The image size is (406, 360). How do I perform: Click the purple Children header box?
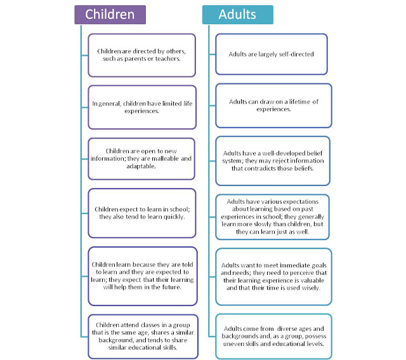click(x=110, y=14)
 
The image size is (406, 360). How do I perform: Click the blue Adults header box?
click(x=238, y=14)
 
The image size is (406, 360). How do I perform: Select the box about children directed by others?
click(x=141, y=55)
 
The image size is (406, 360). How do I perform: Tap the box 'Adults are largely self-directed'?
click(x=272, y=55)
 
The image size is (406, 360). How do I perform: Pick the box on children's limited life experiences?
click(x=141, y=107)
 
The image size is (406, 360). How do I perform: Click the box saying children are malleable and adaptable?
click(x=141, y=160)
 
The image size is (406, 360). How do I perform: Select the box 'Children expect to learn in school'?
click(x=141, y=213)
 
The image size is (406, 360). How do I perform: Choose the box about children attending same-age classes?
click(x=141, y=336)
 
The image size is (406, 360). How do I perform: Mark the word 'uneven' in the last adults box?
click(x=233, y=343)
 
